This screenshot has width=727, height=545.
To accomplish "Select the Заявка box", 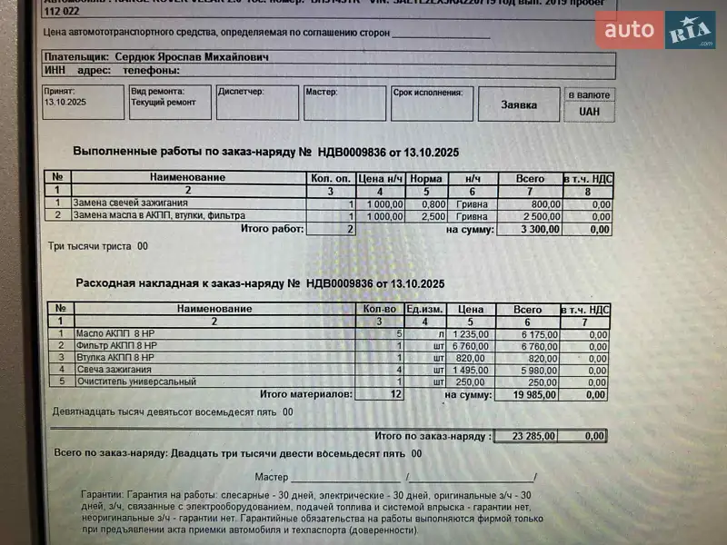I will tap(519, 104).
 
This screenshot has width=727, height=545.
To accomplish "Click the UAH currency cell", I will tap(588, 112).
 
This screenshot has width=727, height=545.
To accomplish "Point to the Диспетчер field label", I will tap(241, 92).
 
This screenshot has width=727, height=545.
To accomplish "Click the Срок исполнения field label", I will tap(428, 92).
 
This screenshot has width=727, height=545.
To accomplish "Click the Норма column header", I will tap(425, 178).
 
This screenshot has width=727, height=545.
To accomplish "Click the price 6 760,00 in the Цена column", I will tap(470, 346).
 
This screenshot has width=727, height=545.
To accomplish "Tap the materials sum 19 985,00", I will tap(534, 395).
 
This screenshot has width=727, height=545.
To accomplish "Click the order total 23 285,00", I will tap(533, 436).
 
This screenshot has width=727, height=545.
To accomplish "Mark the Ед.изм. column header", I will tap(423, 309).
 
